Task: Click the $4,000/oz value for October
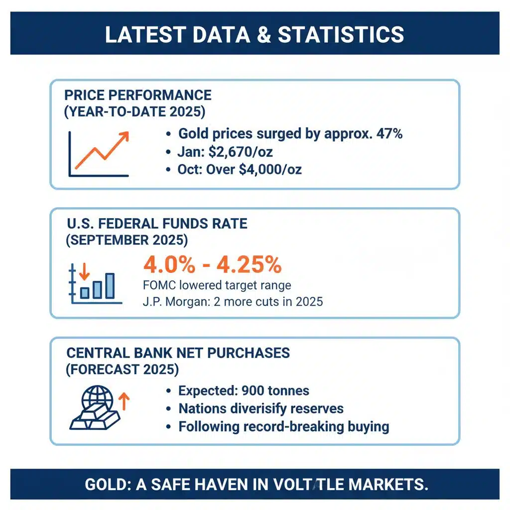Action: click(x=270, y=169)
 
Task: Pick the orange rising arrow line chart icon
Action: click(x=99, y=152)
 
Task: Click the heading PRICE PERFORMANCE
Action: click(x=138, y=95)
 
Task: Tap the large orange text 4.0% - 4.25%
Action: click(x=213, y=265)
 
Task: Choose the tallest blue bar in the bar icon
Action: click(x=110, y=286)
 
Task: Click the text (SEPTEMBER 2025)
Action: click(x=127, y=240)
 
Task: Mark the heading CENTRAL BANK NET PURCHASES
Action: click(x=178, y=353)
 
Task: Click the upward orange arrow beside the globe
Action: click(x=124, y=401)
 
